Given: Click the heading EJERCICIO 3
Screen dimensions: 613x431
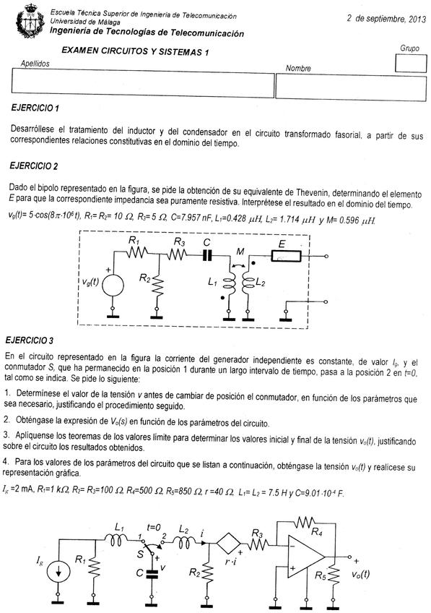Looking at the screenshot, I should [33, 339].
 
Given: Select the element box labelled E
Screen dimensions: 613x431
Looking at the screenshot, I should [282, 254].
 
